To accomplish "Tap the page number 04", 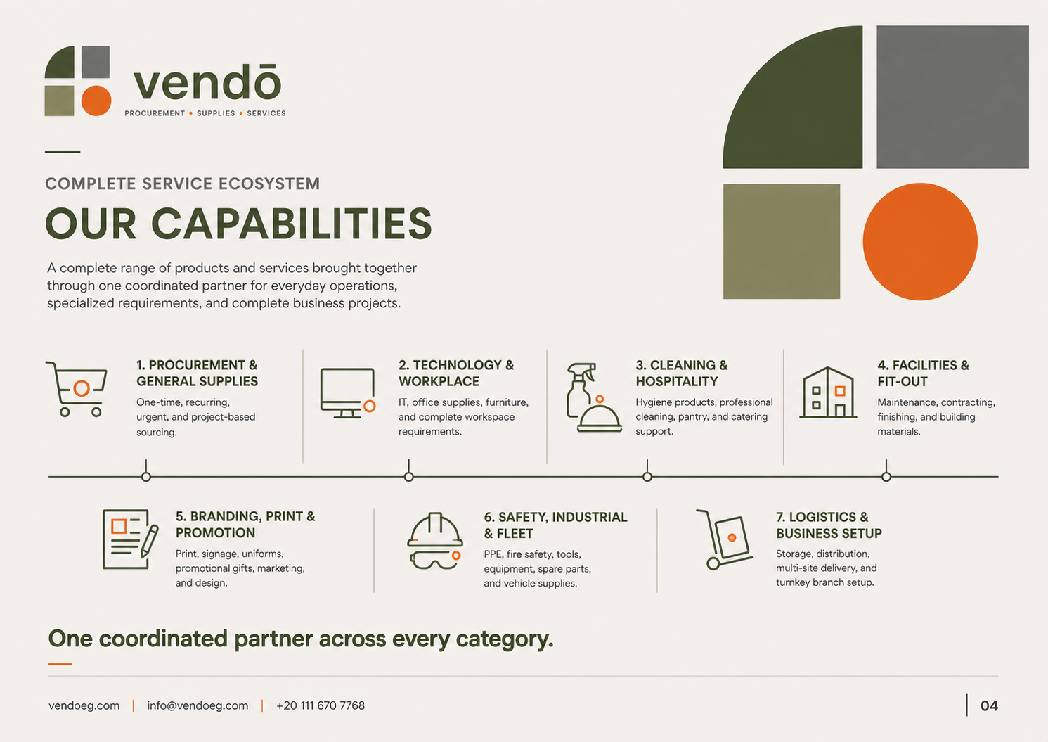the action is [989, 705].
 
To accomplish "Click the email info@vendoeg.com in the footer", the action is [198, 705].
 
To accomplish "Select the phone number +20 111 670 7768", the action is [321, 705].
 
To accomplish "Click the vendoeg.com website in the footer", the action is [84, 705].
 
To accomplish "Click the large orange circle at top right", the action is [920, 241].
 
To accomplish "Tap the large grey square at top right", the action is [952, 97].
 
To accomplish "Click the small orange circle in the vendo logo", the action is [96, 100].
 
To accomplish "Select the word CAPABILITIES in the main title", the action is [292, 224].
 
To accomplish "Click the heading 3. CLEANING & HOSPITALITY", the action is [682, 373].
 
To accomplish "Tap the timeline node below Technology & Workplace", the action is [409, 477].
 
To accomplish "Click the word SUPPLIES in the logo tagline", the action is [216, 113].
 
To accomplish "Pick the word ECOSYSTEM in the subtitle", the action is [269, 184].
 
